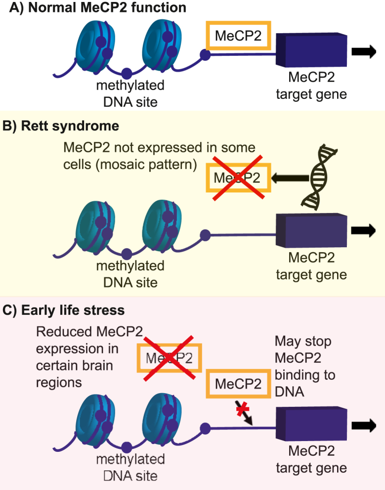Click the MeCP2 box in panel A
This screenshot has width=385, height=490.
[x=238, y=35]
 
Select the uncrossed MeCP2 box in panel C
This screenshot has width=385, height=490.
[x=238, y=382]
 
